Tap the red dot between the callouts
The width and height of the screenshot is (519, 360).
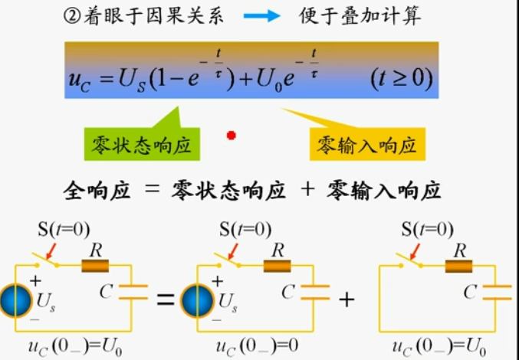231,136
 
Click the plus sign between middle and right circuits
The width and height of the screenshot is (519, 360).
347,299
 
